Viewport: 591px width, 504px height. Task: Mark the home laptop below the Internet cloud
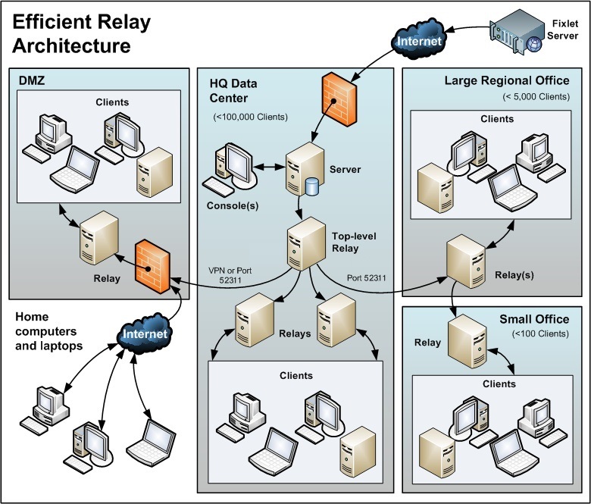150,440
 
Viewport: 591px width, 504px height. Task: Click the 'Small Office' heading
533,319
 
